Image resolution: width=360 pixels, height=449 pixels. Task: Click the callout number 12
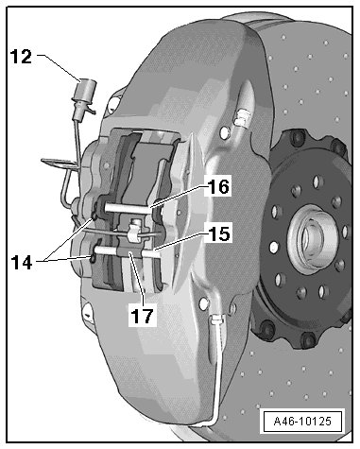pyautogui.click(x=22, y=57)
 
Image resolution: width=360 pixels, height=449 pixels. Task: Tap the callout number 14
pyautogui.click(x=22, y=262)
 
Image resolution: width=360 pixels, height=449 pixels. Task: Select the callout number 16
pyautogui.click(x=219, y=186)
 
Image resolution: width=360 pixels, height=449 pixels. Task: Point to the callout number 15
pyautogui.click(x=219, y=233)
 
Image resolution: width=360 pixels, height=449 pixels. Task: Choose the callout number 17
pyautogui.click(x=143, y=316)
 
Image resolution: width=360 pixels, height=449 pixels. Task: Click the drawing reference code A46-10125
pyautogui.click(x=302, y=421)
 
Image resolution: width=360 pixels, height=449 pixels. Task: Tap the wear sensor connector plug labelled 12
pyautogui.click(x=84, y=98)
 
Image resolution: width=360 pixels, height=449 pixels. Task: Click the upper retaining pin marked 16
pyautogui.click(x=126, y=208)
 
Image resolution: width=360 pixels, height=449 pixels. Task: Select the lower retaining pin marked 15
pyautogui.click(x=126, y=251)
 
